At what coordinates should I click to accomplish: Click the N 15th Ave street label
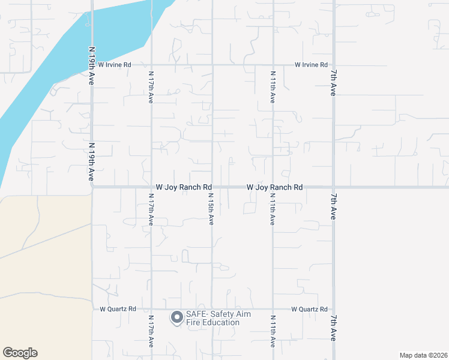pos(211,209)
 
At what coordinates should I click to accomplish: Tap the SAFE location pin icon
pos(176,317)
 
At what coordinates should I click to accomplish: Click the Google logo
pos(20,353)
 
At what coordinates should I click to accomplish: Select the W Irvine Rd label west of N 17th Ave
pos(115,64)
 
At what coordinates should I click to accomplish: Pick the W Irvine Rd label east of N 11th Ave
pos(311,64)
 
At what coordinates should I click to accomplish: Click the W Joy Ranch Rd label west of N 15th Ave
pos(184,187)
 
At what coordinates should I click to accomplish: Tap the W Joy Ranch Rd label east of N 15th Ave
pos(275,187)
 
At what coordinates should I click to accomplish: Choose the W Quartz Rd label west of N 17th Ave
pos(118,309)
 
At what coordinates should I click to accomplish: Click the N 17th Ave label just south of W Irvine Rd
pos(151,87)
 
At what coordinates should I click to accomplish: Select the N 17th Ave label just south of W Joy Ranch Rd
pos(151,209)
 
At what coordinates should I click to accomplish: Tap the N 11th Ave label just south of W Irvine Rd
pos(273,87)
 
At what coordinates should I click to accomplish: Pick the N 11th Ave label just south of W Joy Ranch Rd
pos(273,209)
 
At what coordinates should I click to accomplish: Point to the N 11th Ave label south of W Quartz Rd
pos(273,331)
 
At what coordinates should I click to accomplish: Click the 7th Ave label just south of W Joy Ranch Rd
pos(333,206)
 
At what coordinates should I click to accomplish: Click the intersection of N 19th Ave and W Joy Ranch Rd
pos(92,187)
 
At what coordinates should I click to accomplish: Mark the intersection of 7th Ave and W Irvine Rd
pos(333,64)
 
